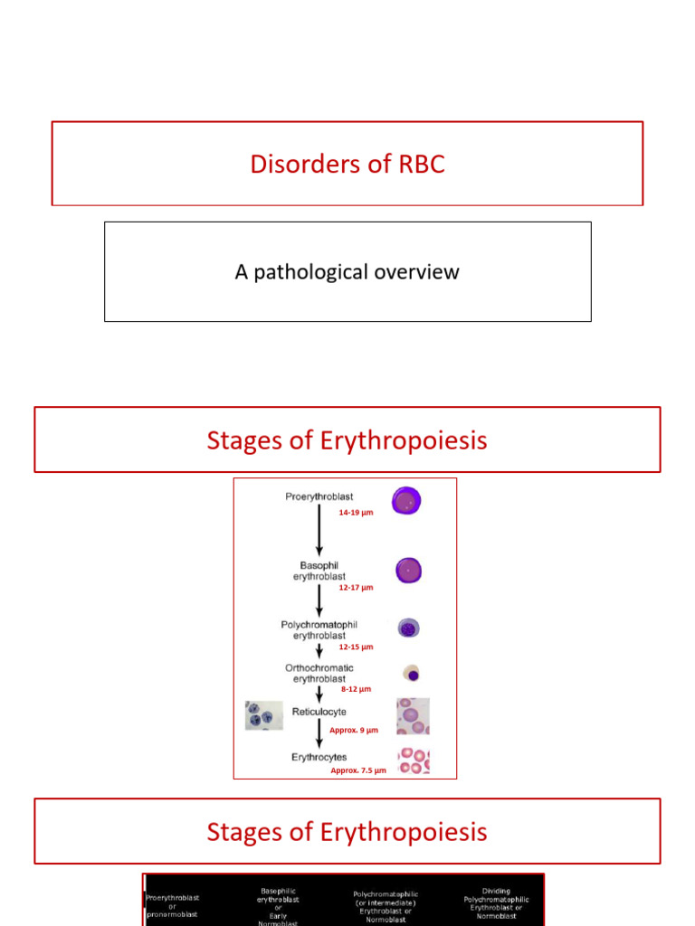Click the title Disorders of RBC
(x=347, y=165)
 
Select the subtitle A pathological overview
(x=347, y=272)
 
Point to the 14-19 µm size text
(x=356, y=513)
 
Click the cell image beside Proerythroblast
(x=407, y=501)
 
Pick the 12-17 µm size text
(x=356, y=588)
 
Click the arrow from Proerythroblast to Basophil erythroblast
(x=319, y=534)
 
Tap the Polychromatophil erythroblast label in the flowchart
(x=319, y=629)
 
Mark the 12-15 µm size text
(x=356, y=647)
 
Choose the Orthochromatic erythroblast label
(x=319, y=673)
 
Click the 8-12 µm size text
(x=356, y=689)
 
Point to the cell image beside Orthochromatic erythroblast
(x=412, y=674)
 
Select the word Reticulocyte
(x=319, y=712)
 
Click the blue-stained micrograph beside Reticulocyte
(x=263, y=715)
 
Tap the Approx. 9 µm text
(x=354, y=730)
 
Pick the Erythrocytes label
(x=319, y=757)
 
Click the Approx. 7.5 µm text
(x=358, y=770)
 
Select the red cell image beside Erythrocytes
(x=413, y=761)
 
